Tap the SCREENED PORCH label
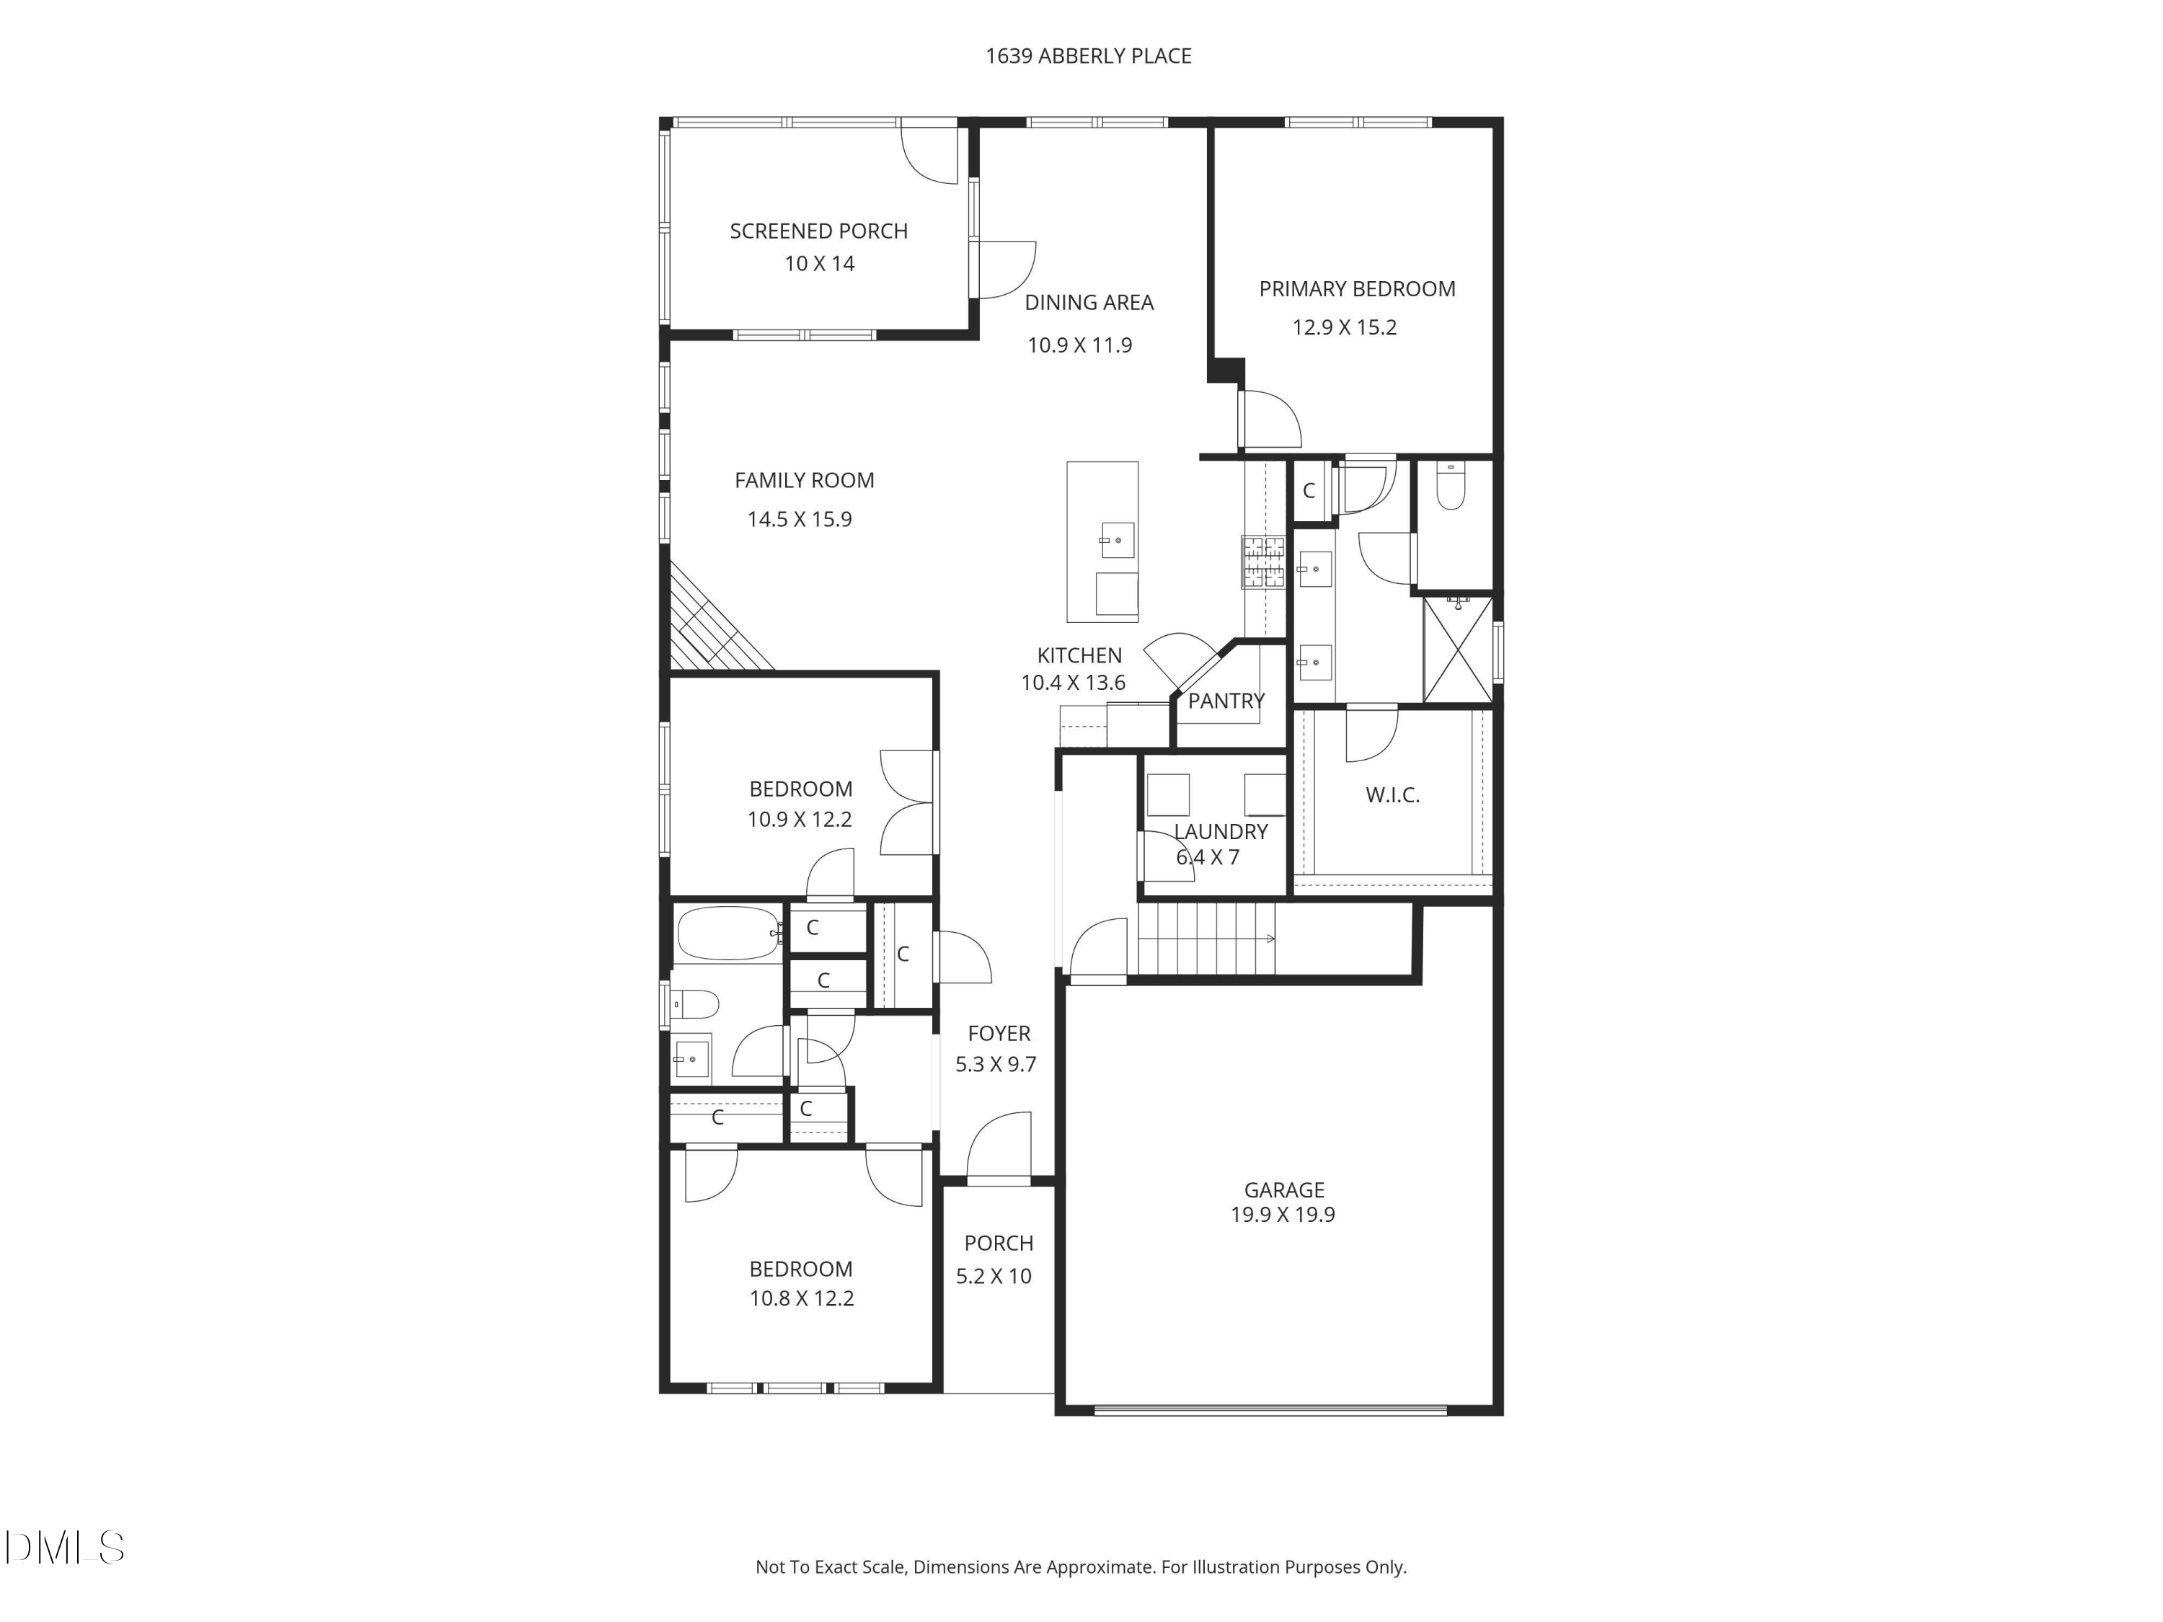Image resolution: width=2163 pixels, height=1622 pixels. (x=818, y=231)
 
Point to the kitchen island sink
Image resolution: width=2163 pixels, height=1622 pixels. (x=1118, y=540)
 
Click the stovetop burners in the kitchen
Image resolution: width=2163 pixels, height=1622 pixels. (x=1262, y=562)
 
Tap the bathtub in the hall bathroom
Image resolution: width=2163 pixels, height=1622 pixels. (x=728, y=934)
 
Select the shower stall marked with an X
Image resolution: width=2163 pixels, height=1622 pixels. (x=1458, y=650)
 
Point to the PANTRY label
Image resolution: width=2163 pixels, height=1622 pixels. (x=1225, y=701)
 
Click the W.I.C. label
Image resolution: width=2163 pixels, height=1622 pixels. (x=1392, y=795)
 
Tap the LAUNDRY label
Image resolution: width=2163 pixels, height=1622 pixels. (x=1221, y=832)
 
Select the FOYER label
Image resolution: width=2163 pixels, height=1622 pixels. (x=999, y=1034)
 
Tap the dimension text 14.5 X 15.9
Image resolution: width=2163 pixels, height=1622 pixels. (x=799, y=519)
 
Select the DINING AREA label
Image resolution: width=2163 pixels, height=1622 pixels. (x=1088, y=303)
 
